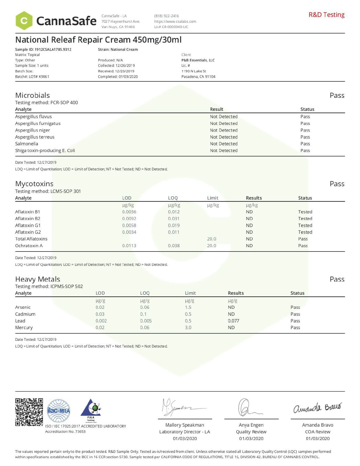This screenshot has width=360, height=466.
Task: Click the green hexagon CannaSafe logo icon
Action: [x=24, y=21]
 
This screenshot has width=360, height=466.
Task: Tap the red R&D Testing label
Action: [x=326, y=15]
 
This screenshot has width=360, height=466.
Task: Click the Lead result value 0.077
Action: [x=233, y=321]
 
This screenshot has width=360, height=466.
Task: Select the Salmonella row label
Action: [x=27, y=144]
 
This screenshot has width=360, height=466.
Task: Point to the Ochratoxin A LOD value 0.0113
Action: [x=129, y=245]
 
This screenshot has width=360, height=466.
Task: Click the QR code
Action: [x=29, y=412]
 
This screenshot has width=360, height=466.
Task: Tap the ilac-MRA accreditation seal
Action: [x=59, y=411]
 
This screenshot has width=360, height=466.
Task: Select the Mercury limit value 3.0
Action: [x=188, y=327]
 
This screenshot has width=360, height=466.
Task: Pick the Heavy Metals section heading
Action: [x=38, y=279]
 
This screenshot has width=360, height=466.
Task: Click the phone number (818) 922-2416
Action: [x=166, y=16]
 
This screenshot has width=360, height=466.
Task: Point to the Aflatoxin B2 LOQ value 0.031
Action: [x=174, y=219]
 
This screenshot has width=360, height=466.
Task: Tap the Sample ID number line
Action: [x=43, y=49]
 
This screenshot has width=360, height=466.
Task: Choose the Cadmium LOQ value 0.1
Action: [x=143, y=314]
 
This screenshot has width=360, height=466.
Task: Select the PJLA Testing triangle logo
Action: [x=91, y=410]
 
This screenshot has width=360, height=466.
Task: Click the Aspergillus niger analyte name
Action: [x=32, y=130]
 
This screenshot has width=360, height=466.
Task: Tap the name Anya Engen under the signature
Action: [x=251, y=425]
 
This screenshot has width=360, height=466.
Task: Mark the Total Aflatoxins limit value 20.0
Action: [x=212, y=239]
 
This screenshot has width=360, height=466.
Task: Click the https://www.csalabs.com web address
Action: [x=175, y=21]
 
